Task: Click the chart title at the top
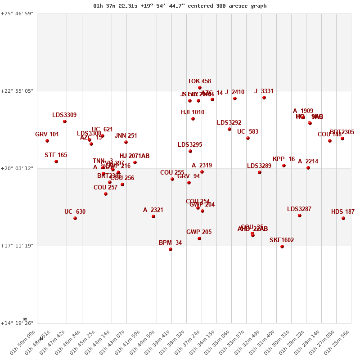pos(180,6)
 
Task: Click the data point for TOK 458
pos(200,88)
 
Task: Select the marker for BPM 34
pos(171,249)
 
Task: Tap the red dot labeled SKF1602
pos(282,247)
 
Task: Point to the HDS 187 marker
pos(343,218)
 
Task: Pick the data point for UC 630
pos(75,218)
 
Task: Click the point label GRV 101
pos(47,134)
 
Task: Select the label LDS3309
pos(64,115)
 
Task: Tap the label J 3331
pos(264,91)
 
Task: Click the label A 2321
pos(153,210)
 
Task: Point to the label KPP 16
pos(283,159)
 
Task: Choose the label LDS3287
pos(299,209)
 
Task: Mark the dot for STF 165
pos(56,162)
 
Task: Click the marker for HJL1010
pos(193,119)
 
